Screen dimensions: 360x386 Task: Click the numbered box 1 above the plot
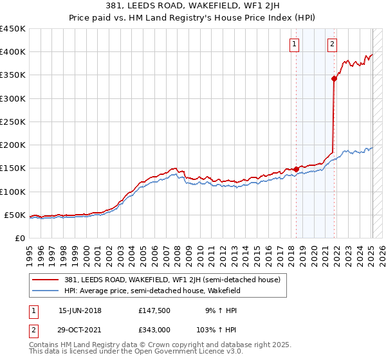[x=295, y=44]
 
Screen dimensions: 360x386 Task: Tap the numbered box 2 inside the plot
[x=332, y=44]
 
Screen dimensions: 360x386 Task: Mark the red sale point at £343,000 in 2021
[x=335, y=79]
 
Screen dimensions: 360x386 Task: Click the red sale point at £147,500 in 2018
[x=296, y=169]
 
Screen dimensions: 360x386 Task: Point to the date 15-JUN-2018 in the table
[x=80, y=310]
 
